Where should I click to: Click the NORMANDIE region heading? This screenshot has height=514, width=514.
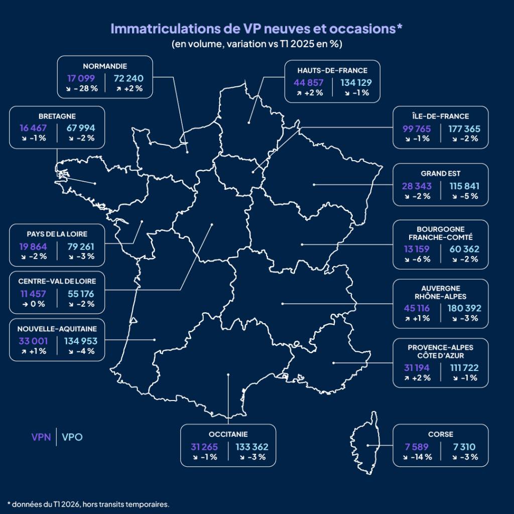(104, 66)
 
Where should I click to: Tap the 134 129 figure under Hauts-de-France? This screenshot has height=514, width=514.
(356, 82)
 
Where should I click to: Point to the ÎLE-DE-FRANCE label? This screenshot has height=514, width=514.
(440, 116)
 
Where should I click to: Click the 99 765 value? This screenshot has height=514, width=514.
(416, 128)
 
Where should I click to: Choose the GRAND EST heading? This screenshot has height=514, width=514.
(440, 174)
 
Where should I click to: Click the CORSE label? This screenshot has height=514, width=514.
(440, 435)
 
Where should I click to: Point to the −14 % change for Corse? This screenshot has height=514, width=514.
(417, 457)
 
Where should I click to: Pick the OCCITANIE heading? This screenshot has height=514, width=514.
(228, 435)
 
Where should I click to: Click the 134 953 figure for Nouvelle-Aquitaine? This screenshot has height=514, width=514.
(80, 341)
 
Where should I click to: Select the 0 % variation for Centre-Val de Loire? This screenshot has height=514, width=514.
(33, 304)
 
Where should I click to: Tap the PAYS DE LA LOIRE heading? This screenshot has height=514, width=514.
(57, 234)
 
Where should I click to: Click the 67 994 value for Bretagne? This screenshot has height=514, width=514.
(80, 127)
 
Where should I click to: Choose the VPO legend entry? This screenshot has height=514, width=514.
(72, 437)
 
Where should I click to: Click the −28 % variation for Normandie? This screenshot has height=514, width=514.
(83, 88)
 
